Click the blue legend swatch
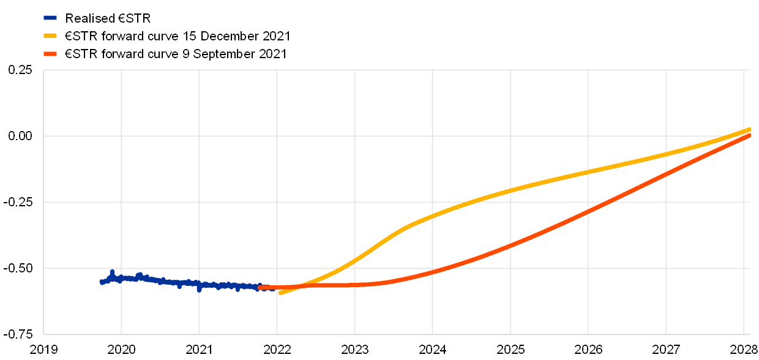(50, 18)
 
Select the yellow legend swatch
(50, 36)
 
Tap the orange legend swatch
(50, 54)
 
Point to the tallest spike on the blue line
(112, 271)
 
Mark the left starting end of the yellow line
(280, 293)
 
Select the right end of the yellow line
(750, 129)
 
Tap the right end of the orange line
(750, 135)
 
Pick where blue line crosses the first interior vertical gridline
(121, 279)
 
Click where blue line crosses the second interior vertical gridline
(199, 284)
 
